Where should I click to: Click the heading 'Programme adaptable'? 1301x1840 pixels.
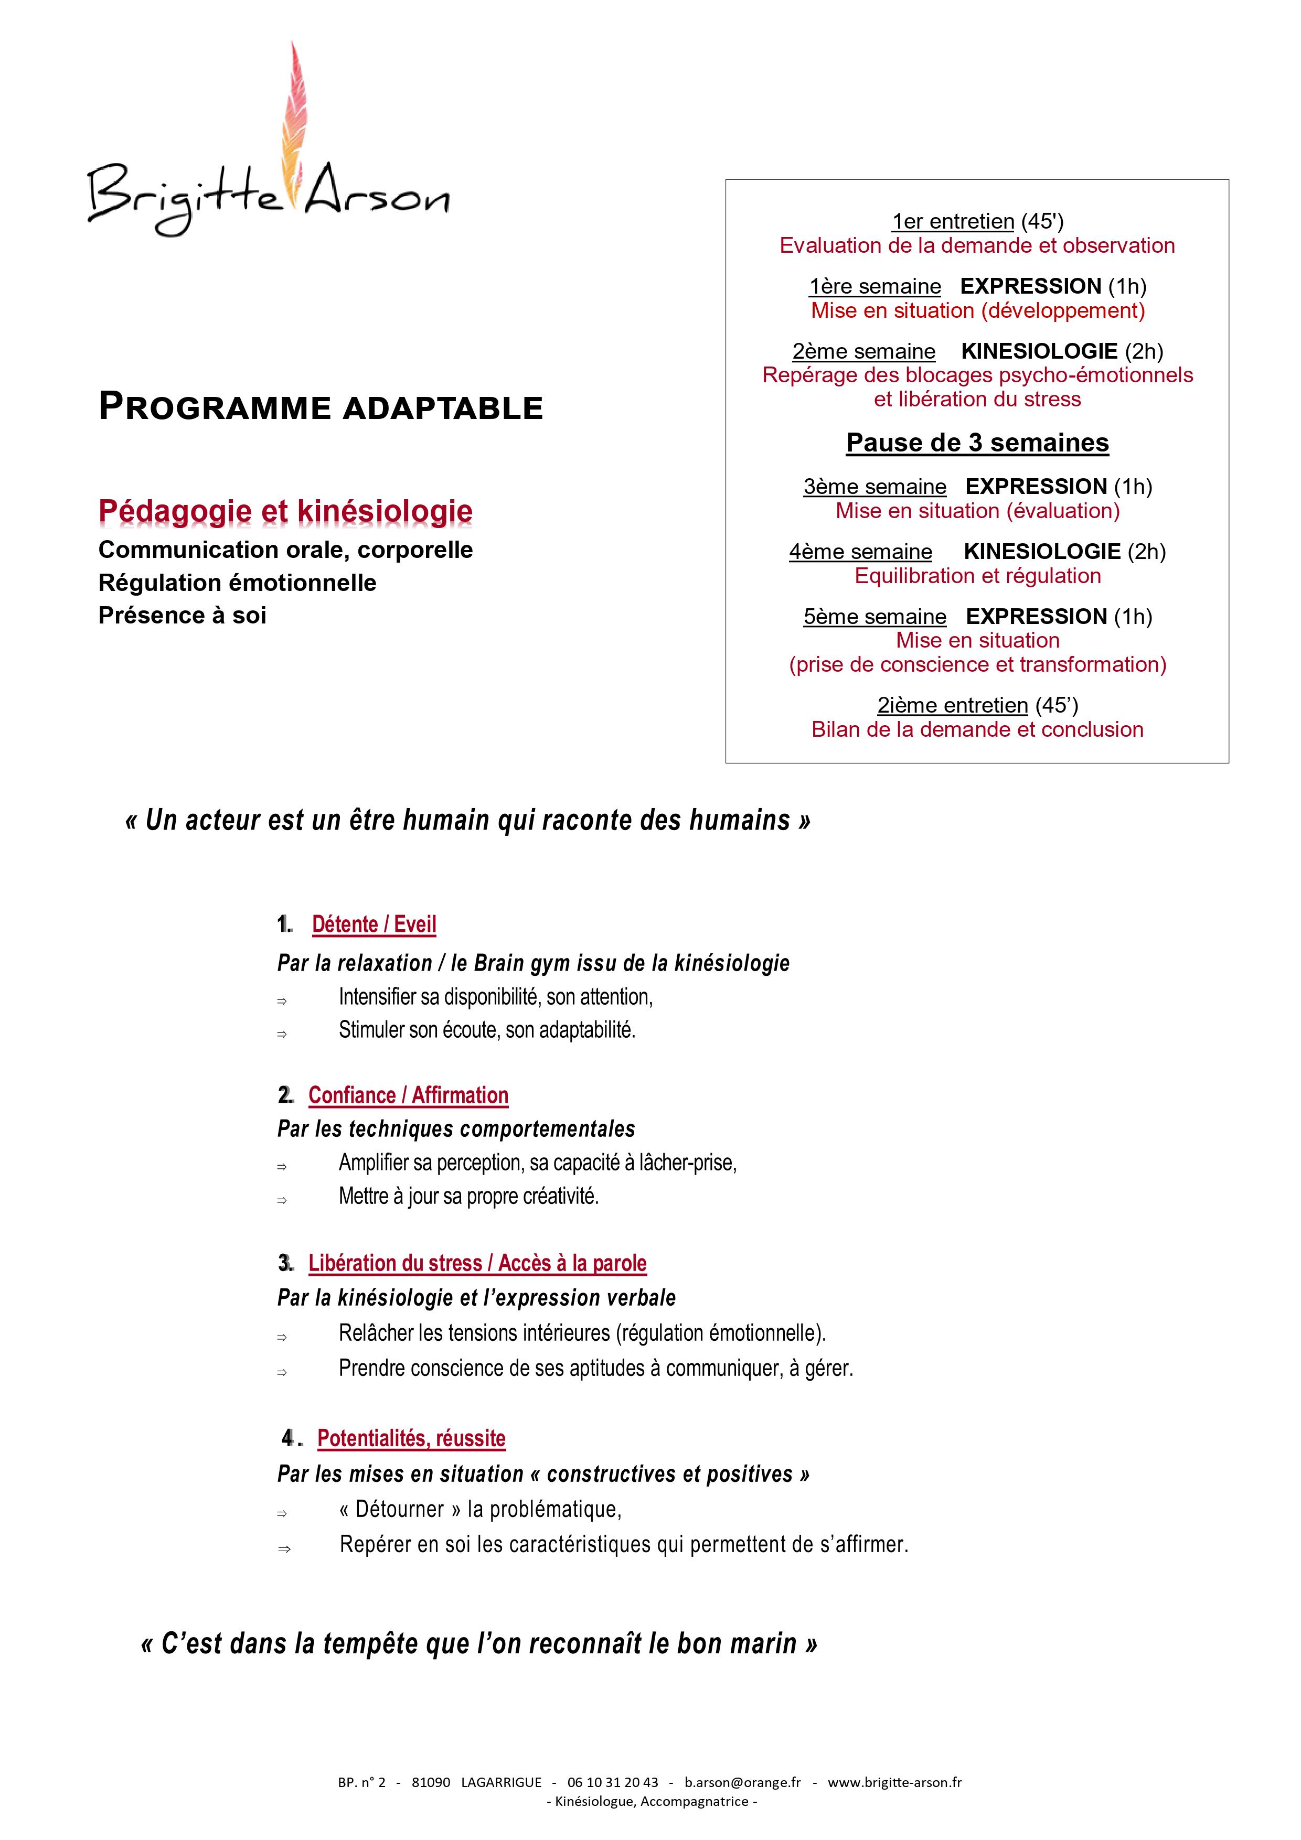[321, 407]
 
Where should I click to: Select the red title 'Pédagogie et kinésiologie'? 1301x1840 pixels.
[285, 511]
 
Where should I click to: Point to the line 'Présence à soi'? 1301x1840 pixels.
[182, 616]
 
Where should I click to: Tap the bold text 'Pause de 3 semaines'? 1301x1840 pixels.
[977, 443]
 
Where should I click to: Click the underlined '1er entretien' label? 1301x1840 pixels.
[953, 221]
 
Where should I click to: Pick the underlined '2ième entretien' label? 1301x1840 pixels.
[952, 705]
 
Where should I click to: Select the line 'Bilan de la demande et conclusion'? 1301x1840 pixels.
[977, 729]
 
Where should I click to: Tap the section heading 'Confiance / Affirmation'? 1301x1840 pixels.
[408, 1095]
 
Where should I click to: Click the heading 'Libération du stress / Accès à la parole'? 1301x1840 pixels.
[477, 1263]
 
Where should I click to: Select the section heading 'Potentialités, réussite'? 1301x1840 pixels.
[411, 1438]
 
